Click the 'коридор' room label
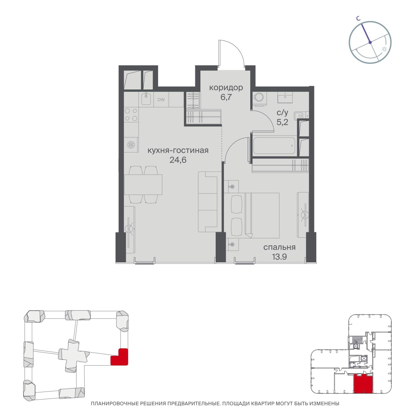[x=226, y=87]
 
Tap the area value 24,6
[x=178, y=160]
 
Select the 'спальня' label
[x=279, y=247]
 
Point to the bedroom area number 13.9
[x=279, y=257]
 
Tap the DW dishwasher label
[x=161, y=100]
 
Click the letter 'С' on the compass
[x=358, y=19]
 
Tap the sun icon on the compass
[x=384, y=49]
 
